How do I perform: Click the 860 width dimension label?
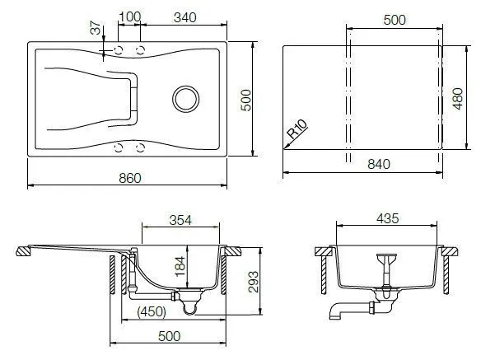[130, 178]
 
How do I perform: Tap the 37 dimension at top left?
[96, 28]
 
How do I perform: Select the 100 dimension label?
[129, 16]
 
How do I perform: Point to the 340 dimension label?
[185, 17]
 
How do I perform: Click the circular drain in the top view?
[185, 99]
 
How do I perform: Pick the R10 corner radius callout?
[297, 129]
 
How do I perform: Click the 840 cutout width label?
[379, 164]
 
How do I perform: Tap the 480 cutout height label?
[458, 99]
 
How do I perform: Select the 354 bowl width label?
[180, 220]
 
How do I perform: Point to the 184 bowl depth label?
[180, 266]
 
